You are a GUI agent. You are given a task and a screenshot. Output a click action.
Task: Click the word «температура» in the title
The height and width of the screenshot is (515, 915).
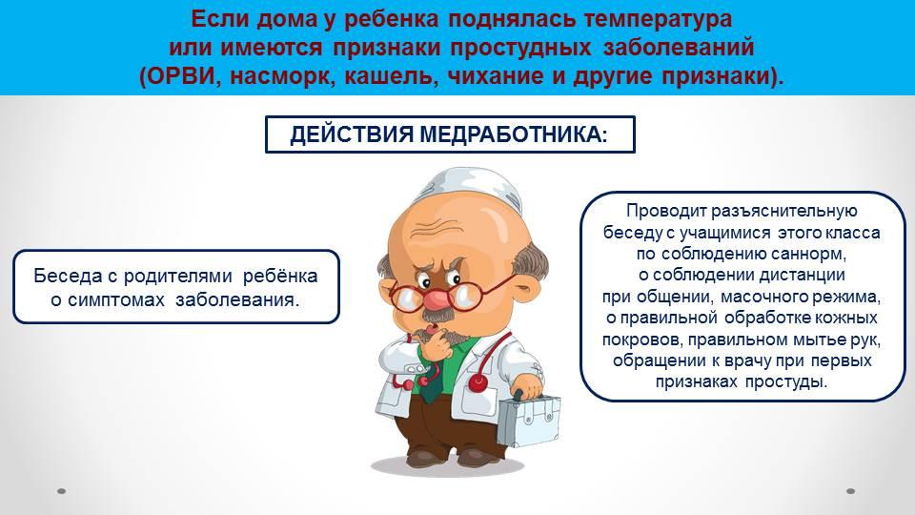pyautogui.click(x=658, y=19)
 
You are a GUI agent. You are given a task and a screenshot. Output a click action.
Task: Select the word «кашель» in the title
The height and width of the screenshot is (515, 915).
pyautogui.click(x=391, y=77)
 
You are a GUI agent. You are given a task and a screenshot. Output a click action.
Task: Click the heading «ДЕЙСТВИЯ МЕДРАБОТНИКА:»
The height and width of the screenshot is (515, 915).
pyautogui.click(x=449, y=134)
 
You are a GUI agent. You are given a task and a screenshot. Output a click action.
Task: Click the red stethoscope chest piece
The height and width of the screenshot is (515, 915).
pyautogui.click(x=478, y=383)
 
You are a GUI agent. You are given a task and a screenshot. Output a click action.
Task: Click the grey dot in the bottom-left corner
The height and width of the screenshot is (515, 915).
pyautogui.click(x=61, y=491)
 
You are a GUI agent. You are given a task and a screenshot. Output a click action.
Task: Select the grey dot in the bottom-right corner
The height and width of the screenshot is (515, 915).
pyautogui.click(x=851, y=491)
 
